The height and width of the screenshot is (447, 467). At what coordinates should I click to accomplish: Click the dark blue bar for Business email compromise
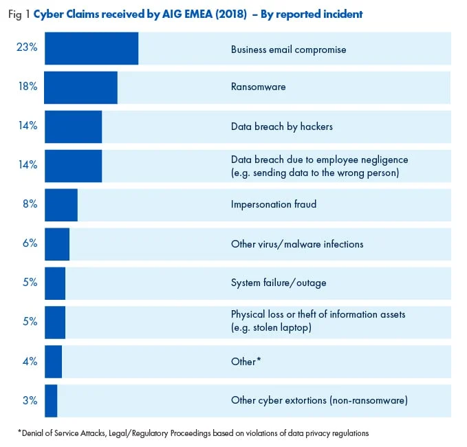(x=91, y=49)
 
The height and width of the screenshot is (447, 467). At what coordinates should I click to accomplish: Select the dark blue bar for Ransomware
(x=80, y=87)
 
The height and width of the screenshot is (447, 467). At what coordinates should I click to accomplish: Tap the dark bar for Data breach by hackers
(x=73, y=127)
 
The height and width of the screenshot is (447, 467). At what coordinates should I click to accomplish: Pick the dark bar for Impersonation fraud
(x=61, y=204)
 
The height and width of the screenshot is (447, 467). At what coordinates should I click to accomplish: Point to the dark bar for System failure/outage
(x=55, y=283)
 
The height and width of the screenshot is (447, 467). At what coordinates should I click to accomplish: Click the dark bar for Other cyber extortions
(x=51, y=400)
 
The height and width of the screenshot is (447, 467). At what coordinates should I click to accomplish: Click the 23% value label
(x=26, y=48)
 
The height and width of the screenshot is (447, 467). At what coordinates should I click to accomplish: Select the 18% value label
(x=27, y=87)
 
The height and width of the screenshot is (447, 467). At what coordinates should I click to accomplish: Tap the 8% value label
(x=28, y=204)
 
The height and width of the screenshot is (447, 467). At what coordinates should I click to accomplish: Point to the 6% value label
(x=28, y=243)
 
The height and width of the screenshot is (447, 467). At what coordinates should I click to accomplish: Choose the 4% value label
(x=28, y=361)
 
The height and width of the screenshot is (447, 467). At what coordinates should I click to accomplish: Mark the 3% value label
(x=28, y=400)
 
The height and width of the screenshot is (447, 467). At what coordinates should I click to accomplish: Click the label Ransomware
(x=258, y=87)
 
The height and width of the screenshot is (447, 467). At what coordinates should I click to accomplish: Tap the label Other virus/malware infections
(x=297, y=244)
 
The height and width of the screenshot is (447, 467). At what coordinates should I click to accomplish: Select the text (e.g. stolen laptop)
(x=271, y=328)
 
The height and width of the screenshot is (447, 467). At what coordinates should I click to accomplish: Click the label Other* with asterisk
(x=246, y=361)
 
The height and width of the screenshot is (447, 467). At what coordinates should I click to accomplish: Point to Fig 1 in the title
(x=21, y=14)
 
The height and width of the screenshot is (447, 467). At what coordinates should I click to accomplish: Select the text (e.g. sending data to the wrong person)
(x=315, y=173)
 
